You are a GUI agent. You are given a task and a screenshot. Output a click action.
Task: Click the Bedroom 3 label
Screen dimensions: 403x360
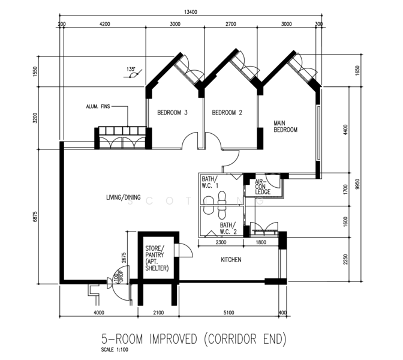point(172,112)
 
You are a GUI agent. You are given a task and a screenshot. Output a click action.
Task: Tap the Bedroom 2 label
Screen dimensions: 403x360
point(227,112)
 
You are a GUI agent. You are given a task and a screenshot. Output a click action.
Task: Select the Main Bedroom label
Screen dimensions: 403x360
point(285,126)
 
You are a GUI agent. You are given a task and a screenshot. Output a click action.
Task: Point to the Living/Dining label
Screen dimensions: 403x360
point(124,197)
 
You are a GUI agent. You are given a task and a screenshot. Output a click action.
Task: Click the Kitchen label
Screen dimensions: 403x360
point(231,260)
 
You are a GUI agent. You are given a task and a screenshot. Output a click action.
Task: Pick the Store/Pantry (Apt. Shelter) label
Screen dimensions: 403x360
point(157,258)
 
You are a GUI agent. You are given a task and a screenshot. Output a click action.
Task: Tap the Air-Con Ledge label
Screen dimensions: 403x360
point(263,187)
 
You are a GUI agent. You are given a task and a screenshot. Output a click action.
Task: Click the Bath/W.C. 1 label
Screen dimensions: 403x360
point(210,182)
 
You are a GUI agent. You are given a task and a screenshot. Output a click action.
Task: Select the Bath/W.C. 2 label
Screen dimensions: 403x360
point(228,229)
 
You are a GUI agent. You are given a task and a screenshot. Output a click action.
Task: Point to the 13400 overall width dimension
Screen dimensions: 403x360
point(191,12)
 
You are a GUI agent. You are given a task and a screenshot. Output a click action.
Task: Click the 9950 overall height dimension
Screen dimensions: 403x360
point(357,184)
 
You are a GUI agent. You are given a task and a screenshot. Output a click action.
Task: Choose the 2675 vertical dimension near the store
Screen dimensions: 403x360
point(124,258)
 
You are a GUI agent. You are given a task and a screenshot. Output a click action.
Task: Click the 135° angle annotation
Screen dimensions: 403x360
point(131,69)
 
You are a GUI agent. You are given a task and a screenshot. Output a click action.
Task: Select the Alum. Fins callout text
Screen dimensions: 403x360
point(98,106)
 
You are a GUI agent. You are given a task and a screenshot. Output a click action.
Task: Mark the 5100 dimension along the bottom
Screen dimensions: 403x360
point(228,313)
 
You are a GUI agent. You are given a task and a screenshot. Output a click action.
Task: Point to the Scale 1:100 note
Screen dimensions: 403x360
point(115,350)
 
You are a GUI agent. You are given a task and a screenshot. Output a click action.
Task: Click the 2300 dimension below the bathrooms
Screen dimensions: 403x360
point(221,242)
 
